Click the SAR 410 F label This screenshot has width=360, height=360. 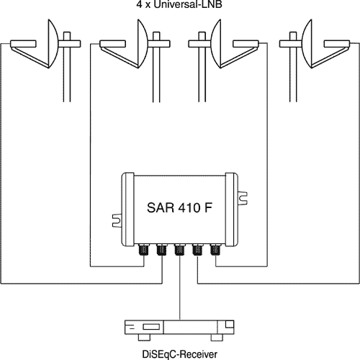[179, 207]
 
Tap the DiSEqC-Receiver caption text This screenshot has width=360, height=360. [179, 354]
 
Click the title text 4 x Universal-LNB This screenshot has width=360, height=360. [179, 4]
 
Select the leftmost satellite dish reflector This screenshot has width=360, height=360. [53, 44]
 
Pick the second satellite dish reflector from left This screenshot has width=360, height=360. [143, 44]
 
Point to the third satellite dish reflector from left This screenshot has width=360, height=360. [217, 44]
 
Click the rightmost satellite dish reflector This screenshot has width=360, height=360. [307, 44]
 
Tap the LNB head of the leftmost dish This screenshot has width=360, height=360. [23, 44]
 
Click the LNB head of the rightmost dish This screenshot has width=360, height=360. [337, 44]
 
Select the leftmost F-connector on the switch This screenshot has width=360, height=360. [144, 250]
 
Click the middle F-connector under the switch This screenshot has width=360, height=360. [179, 250]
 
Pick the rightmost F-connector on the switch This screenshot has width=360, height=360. [215, 250]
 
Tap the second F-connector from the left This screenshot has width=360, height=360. [162, 250]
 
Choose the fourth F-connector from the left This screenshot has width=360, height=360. [197, 250]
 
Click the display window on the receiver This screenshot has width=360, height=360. [151, 327]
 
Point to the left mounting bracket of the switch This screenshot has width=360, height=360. [117, 220]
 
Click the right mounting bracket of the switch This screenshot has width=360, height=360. [243, 198]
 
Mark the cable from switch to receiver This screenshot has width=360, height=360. [179, 288]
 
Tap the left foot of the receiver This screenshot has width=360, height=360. [144, 338]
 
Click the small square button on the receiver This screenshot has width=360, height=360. [229, 324]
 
